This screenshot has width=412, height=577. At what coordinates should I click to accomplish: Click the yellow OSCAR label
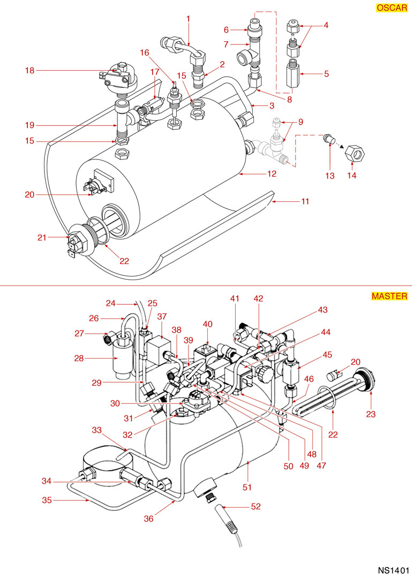click(x=392, y=9)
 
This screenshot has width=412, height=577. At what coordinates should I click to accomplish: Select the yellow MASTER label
click(x=389, y=296)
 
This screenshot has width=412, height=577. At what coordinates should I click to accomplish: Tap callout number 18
click(x=29, y=70)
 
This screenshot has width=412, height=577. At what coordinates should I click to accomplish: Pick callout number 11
click(x=305, y=202)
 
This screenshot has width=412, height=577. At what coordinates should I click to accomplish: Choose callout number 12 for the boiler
click(x=272, y=174)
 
